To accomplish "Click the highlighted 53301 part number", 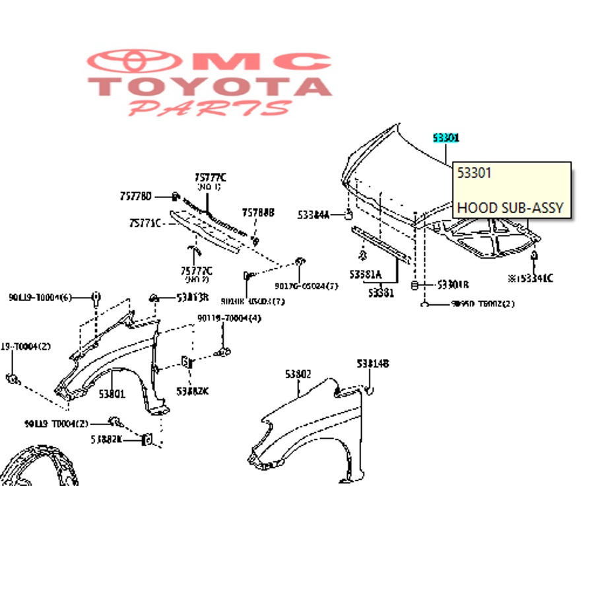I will click(x=445, y=138).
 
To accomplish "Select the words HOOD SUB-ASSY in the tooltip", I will click(x=510, y=208).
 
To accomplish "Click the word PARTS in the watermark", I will click(x=210, y=108).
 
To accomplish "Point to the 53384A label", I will click(x=313, y=214).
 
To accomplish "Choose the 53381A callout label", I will click(x=366, y=273).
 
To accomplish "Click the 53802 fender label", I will click(x=298, y=374).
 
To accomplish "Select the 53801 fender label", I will click(x=112, y=395).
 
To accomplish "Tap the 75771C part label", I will click(x=145, y=223).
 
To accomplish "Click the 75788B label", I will click(x=258, y=213).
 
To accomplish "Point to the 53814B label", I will click(x=373, y=364).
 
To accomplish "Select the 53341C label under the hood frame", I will click(x=531, y=278).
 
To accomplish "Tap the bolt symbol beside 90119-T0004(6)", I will click(x=96, y=296).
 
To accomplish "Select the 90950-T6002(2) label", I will click(x=482, y=304).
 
